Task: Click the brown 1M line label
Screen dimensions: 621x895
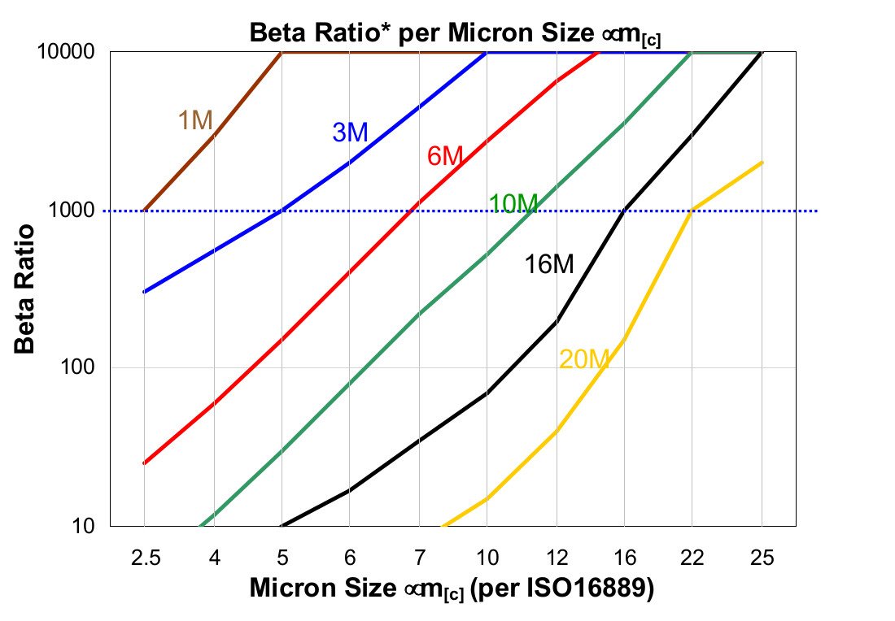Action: click(x=195, y=120)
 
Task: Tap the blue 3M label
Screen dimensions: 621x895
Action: click(x=350, y=132)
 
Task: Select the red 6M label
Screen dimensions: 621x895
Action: click(x=445, y=155)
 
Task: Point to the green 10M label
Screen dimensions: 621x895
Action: click(x=513, y=204)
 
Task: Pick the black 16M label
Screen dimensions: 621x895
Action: click(x=548, y=264)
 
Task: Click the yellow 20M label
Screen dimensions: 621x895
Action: click(x=584, y=358)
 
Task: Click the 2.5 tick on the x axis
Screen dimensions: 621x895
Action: click(x=144, y=558)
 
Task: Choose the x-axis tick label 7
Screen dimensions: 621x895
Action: click(x=418, y=558)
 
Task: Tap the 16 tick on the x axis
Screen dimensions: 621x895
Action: click(x=624, y=558)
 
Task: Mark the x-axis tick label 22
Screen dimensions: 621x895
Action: click(x=692, y=558)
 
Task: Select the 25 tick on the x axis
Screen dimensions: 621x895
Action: click(x=762, y=558)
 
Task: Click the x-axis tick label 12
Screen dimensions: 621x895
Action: click(x=556, y=558)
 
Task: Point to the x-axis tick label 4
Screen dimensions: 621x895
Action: click(x=212, y=558)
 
